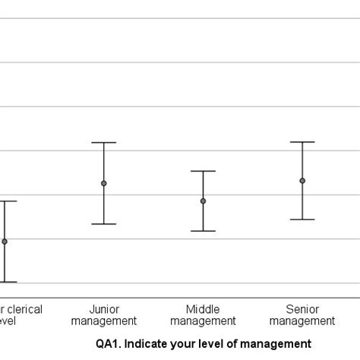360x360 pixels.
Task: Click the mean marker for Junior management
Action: click(104, 183)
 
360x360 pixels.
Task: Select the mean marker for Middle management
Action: click(203, 201)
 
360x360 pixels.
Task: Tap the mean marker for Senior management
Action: click(302, 181)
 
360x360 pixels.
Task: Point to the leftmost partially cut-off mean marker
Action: click(5, 242)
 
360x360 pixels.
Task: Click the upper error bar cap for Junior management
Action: click(104, 143)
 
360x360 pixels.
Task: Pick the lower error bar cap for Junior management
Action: click(104, 224)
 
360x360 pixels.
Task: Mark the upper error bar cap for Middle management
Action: click(203, 171)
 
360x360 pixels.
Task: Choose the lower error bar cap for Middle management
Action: click(203, 231)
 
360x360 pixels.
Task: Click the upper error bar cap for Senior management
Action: click(302, 142)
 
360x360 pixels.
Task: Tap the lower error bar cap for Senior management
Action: click(302, 219)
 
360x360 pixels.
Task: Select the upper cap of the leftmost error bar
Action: click(6, 201)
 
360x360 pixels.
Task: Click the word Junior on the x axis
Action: click(104, 309)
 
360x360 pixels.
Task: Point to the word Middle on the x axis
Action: click(203, 309)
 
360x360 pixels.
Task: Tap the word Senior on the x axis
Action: click(302, 309)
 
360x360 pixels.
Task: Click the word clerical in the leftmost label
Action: click(24, 309)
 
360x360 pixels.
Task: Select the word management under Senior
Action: click(302, 321)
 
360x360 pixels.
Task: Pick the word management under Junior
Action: click(104, 321)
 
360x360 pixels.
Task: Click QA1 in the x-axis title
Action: click(106, 343)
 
